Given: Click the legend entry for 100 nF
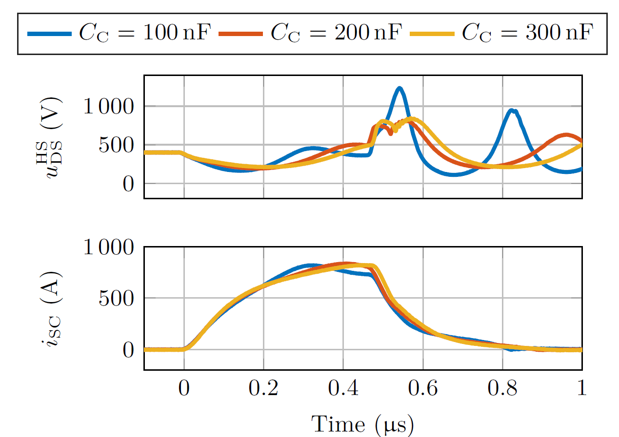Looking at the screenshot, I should pyautogui.click(x=145, y=33).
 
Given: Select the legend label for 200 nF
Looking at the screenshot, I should pyautogui.click(x=337, y=33).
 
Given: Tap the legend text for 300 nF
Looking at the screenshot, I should pyautogui.click(x=528, y=33).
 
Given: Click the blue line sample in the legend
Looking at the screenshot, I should pyautogui.click(x=50, y=34).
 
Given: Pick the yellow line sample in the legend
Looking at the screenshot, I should pyautogui.click(x=432, y=34).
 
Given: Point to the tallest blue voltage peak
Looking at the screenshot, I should pyautogui.click(x=399, y=88).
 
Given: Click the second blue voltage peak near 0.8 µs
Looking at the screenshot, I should pyautogui.click(x=512, y=111).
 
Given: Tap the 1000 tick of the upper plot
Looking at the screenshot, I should pyautogui.click(x=108, y=106).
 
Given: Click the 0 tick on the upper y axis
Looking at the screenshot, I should pyautogui.click(x=128, y=184).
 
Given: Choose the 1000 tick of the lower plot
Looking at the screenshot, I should pyautogui.click(x=108, y=247).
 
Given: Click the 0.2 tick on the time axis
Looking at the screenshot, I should pyautogui.click(x=263, y=389).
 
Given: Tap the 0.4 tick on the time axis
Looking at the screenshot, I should pyautogui.click(x=343, y=389).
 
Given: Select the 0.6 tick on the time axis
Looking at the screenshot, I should pyautogui.click(x=423, y=389).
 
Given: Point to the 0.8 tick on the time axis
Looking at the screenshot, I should pyautogui.click(x=502, y=389).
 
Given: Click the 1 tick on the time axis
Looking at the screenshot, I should pyautogui.click(x=581, y=389).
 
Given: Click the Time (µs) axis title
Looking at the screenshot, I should pyautogui.click(x=363, y=424).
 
